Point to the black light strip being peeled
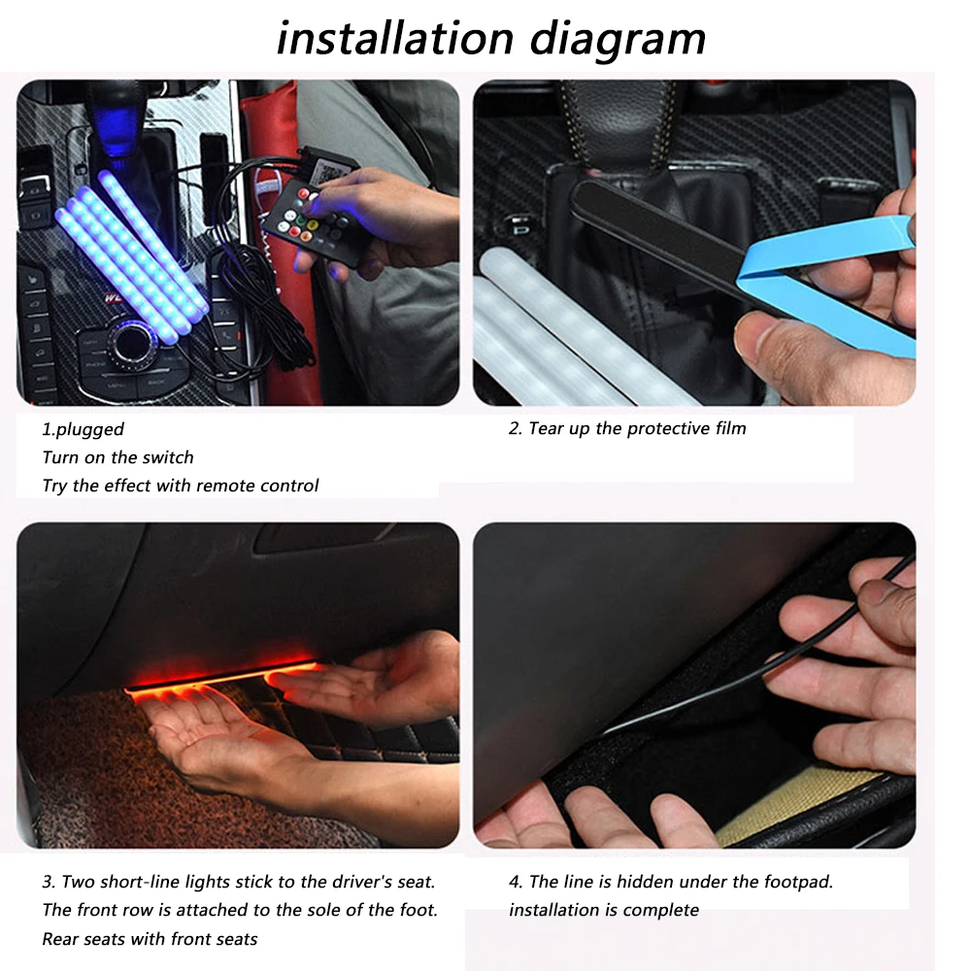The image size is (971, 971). pyautogui.click(x=660, y=234)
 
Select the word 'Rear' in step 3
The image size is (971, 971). pyautogui.click(x=61, y=939)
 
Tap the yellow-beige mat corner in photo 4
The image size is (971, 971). pyautogui.click(x=777, y=806)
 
